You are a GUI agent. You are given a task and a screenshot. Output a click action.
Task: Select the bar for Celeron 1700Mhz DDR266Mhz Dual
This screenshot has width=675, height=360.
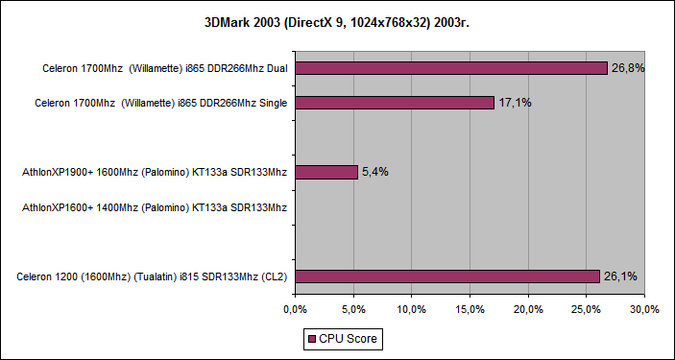point(451,68)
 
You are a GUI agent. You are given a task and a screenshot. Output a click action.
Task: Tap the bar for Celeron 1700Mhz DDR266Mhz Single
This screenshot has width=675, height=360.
point(395,103)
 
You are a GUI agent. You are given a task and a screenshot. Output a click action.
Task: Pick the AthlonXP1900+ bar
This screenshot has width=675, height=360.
point(326,172)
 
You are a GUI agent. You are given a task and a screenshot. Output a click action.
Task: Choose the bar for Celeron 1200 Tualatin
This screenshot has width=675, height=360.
point(447,276)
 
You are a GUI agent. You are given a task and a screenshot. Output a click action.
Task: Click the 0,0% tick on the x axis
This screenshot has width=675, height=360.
point(296,309)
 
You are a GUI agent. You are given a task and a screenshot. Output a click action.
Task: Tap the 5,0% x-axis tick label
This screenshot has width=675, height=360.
point(354,309)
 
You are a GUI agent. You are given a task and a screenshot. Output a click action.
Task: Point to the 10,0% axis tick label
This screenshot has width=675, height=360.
point(412,309)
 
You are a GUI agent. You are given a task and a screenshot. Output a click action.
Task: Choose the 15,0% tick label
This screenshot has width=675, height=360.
point(470,309)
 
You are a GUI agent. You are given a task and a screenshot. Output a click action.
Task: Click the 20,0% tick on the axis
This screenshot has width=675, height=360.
point(528,309)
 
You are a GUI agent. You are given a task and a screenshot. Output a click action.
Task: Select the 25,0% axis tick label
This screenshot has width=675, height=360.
point(587,309)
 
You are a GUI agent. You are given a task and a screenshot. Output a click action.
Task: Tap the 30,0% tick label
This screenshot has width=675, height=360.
point(644,309)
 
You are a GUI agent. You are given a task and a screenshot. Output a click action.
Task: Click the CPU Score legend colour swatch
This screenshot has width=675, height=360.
point(311,339)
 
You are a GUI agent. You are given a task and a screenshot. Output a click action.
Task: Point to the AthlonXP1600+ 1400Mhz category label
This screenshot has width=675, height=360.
point(155,207)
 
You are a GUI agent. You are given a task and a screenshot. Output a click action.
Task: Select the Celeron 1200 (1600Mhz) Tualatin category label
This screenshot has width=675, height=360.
point(153,276)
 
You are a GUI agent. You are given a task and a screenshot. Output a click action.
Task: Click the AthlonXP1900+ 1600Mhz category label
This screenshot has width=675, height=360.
point(155,173)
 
